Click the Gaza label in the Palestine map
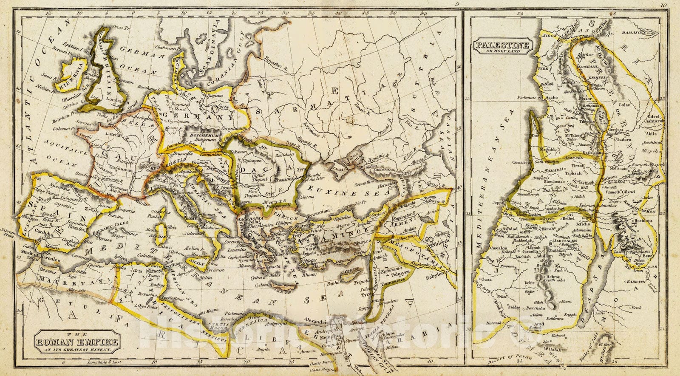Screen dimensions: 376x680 point(484,280)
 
